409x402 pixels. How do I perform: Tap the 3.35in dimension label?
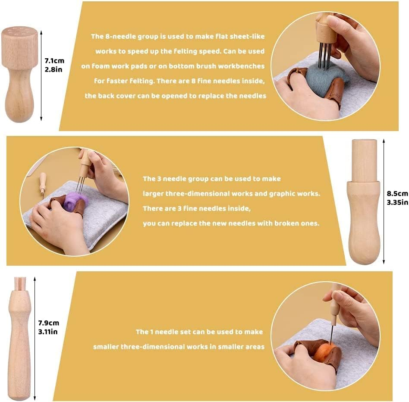click(397, 201)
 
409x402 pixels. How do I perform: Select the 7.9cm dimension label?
click(49, 323)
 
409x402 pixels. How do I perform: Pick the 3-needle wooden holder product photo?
click(364, 201)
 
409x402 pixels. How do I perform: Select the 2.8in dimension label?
click(53, 69)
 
